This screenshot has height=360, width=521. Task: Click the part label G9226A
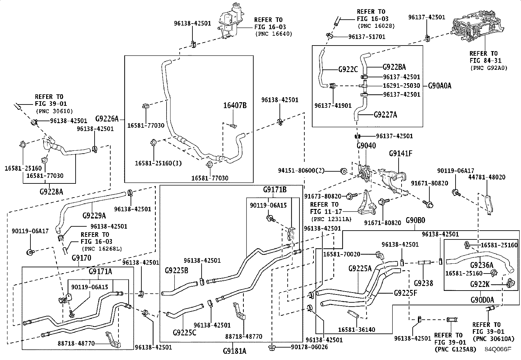(x=107, y=119)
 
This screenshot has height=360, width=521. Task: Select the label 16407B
(x=235, y=105)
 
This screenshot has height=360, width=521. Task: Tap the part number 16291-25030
(x=402, y=86)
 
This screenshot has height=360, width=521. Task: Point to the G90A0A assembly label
(x=440, y=86)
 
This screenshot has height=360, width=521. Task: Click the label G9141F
(x=401, y=153)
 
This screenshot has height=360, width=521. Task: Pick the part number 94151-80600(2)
(x=301, y=171)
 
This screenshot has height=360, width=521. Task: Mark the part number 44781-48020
(x=487, y=177)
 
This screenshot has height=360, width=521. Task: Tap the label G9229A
(x=94, y=216)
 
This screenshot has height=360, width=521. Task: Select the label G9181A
(x=234, y=351)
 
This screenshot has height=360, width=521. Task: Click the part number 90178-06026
(x=309, y=347)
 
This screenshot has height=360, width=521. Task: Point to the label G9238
(x=423, y=283)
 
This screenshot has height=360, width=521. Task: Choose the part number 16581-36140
(x=357, y=330)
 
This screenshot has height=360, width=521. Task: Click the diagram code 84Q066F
(x=498, y=349)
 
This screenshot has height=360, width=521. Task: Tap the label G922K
(x=479, y=284)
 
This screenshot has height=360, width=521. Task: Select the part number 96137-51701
(x=367, y=37)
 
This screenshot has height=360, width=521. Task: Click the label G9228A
(x=51, y=192)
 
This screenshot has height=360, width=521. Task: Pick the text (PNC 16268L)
(x=102, y=249)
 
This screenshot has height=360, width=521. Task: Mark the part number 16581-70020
(x=342, y=255)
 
